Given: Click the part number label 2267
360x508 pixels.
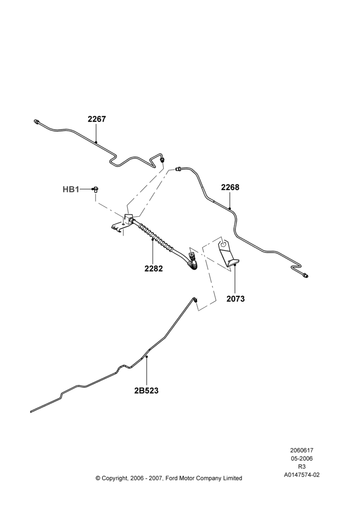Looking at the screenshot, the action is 97,119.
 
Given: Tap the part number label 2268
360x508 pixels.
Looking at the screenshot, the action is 230,187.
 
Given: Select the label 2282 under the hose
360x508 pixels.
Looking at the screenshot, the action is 154,269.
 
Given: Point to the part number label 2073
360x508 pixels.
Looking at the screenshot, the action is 235,299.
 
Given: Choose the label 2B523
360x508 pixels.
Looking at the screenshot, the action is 146,391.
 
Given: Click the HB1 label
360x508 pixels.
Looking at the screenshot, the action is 71,189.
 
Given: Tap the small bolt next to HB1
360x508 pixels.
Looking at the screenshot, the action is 96,189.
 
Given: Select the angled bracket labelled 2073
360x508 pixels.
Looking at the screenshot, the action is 229,252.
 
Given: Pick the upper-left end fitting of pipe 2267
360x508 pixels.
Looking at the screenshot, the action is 37,121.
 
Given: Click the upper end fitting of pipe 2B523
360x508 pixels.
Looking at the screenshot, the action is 195,300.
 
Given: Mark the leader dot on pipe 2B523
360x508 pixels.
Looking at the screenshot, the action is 146,357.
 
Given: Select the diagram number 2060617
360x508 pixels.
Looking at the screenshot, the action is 302,450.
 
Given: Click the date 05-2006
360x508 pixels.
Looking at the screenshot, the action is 302,458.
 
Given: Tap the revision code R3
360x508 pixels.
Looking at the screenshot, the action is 302,466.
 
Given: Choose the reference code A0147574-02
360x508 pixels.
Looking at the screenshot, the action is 302,475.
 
